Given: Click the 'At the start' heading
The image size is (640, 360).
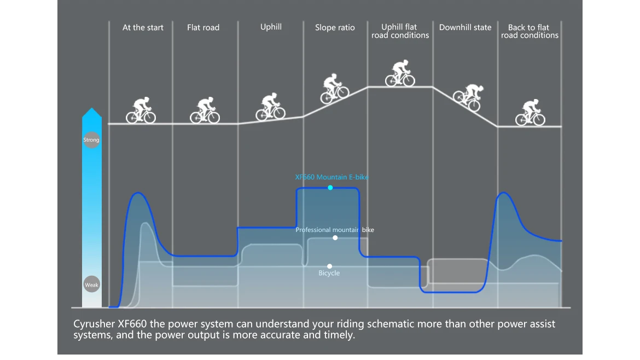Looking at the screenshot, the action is [143, 27].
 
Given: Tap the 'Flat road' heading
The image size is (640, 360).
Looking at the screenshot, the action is [203, 27].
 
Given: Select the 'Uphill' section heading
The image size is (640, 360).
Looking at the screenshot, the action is [271, 27].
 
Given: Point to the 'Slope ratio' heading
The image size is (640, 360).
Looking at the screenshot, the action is [335, 27].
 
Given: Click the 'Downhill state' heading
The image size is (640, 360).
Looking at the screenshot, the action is [466, 27].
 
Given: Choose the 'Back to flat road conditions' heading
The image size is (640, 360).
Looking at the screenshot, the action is [530, 31].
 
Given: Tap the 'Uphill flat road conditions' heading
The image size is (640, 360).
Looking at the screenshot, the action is [400, 31].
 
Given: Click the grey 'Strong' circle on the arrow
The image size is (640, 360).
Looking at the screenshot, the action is [91, 140].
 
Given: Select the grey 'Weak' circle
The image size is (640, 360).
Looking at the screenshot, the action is [91, 284].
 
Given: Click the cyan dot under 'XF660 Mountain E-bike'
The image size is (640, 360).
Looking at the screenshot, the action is [330, 188].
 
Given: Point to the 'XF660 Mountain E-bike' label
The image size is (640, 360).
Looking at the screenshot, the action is [331, 177].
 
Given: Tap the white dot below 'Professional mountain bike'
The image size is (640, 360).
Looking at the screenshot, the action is [335, 237].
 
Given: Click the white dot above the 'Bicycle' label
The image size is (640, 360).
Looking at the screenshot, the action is [329, 266].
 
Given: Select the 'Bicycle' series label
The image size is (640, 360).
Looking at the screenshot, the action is [329, 273].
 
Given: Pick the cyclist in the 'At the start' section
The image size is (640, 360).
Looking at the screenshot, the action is [141, 110].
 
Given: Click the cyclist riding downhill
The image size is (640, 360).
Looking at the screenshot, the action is [469, 97].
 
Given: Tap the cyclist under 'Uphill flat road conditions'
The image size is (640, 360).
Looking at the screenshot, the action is [400, 73].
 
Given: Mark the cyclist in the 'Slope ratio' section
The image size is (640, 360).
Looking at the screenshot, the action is [334, 89].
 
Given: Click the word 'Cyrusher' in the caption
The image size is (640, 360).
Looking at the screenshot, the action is [94, 324].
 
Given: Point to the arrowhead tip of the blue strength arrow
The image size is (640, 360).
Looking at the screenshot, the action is [92, 108].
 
